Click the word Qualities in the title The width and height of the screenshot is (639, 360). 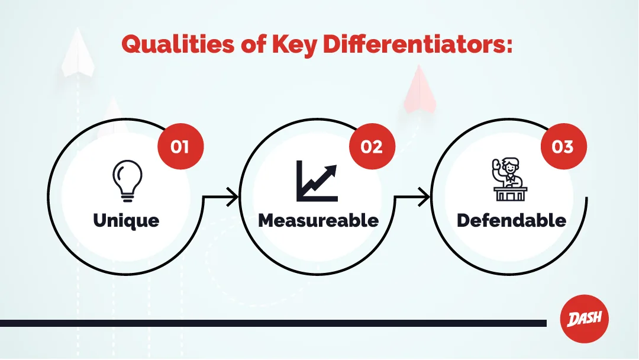pyautogui.click(x=177, y=44)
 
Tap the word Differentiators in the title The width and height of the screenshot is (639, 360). pyautogui.click(x=418, y=44)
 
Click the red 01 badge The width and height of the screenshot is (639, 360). pyautogui.click(x=180, y=146)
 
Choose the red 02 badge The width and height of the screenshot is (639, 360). pyautogui.click(x=372, y=146)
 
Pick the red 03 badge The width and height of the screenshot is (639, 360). pyautogui.click(x=563, y=146)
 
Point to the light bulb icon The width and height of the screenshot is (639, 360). pyautogui.click(x=128, y=181)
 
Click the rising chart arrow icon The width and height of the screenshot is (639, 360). pyautogui.click(x=317, y=181)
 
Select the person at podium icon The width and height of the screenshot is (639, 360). pyautogui.click(x=510, y=179)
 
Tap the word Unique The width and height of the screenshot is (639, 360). pyautogui.click(x=126, y=221)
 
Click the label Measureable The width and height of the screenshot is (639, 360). pyautogui.click(x=318, y=220)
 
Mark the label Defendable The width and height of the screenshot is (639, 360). pyautogui.click(x=511, y=220)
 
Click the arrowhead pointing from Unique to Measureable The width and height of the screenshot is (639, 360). pyautogui.click(x=233, y=197)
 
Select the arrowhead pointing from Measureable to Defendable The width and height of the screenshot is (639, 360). pyautogui.click(x=424, y=197)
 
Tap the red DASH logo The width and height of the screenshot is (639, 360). pyautogui.click(x=585, y=319)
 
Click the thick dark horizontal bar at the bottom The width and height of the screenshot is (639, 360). pyautogui.click(x=273, y=323)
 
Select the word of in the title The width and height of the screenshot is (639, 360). pyautogui.click(x=253, y=44)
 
